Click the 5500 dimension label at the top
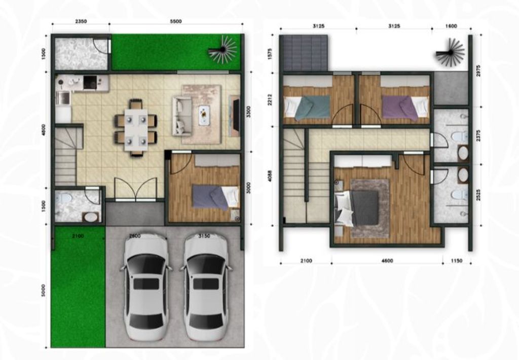pos(176,21)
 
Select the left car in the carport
pos(146,286)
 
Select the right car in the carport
pos(205,286)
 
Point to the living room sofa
pos(181,116)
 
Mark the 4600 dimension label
pos(387,261)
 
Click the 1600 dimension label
pos(451,26)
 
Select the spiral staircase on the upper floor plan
pos(451,52)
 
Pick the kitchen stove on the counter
pos(90,82)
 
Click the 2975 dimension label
pos(478,70)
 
